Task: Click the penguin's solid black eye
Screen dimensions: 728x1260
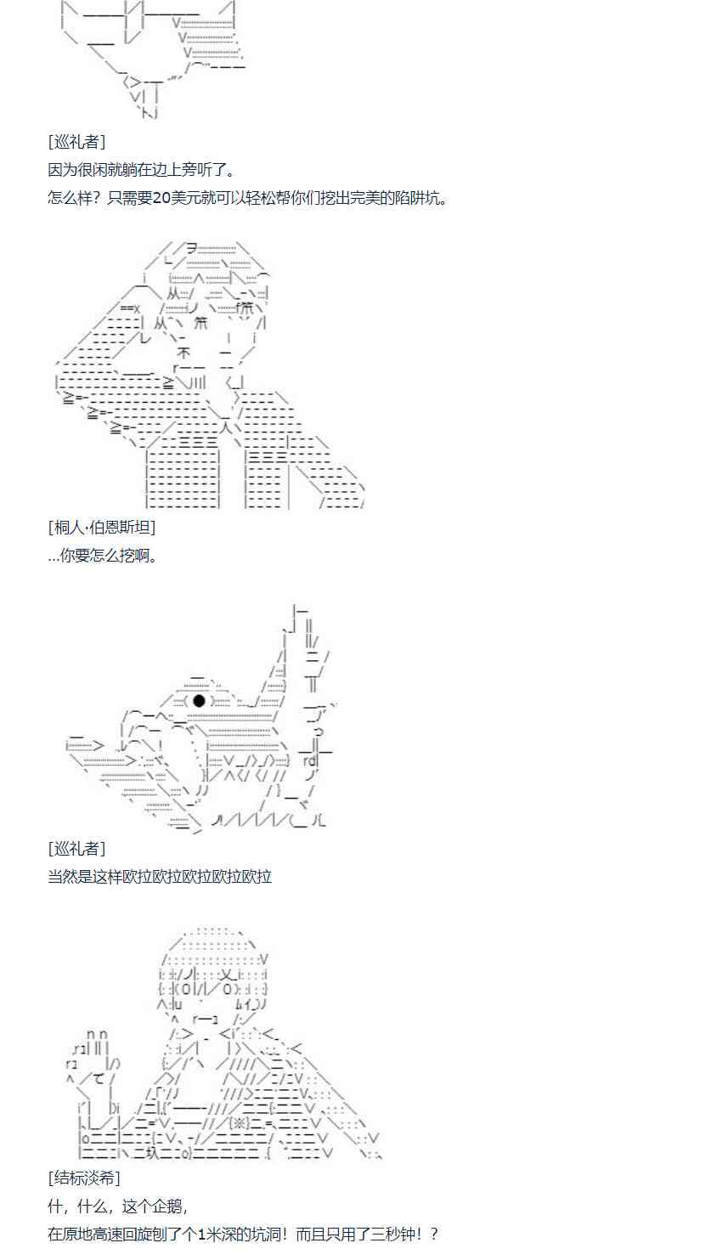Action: pyautogui.click(x=199, y=701)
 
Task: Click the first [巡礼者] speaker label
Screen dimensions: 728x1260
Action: pyautogui.click(x=77, y=141)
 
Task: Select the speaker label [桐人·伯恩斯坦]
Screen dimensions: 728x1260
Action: pyautogui.click(x=102, y=527)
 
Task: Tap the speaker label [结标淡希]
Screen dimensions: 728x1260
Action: pyautogui.click(x=84, y=1178)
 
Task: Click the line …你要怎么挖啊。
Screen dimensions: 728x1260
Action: pyautogui.click(x=103, y=556)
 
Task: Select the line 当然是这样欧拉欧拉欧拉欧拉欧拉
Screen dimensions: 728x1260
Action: pyautogui.click(x=160, y=876)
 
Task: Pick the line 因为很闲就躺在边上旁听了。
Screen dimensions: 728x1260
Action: pyautogui.click(x=141, y=169)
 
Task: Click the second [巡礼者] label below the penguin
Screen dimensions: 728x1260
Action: pyautogui.click(x=77, y=848)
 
